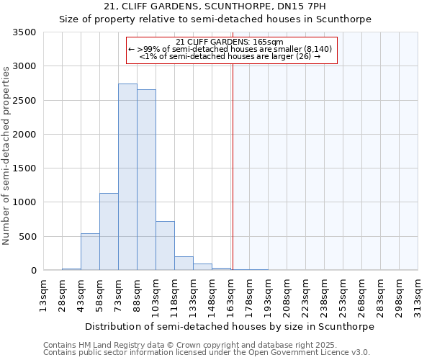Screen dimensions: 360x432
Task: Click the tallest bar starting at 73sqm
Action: point(127,177)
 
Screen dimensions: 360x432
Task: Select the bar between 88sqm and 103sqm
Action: point(146,180)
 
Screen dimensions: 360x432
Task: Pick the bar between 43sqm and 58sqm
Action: point(90,252)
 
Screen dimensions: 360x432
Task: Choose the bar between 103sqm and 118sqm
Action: point(165,246)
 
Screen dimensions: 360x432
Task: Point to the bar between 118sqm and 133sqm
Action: point(184,264)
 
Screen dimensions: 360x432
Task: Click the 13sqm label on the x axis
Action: point(44,294)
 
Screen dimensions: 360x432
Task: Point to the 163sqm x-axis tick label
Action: point(231,294)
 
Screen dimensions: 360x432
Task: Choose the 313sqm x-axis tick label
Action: point(418,294)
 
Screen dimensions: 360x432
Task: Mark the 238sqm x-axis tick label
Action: point(325,294)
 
